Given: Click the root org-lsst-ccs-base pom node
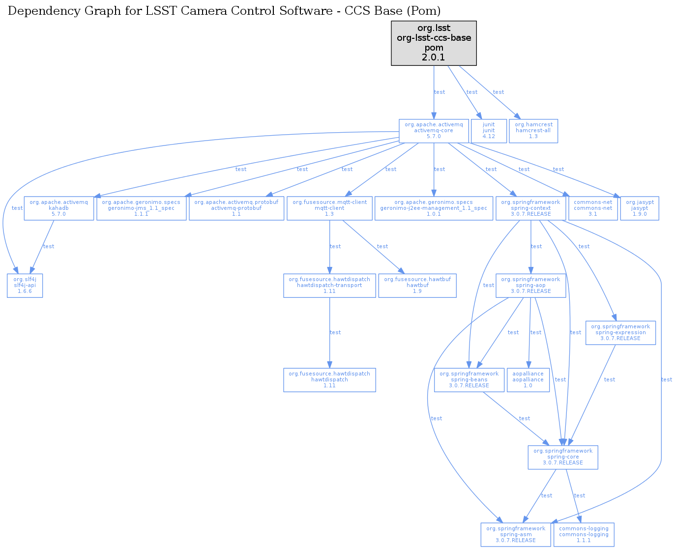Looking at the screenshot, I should pos(434,43).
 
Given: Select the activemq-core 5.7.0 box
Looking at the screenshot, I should pos(434,131).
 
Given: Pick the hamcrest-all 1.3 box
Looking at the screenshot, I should pos(533,131).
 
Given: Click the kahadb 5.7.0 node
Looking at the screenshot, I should pos(59,208).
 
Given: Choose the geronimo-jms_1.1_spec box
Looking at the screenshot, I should pos(141,208).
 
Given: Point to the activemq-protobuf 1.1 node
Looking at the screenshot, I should pos(236,208).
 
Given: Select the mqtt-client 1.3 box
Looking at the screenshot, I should pos(329,208).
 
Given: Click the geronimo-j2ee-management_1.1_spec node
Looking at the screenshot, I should pos(434,208).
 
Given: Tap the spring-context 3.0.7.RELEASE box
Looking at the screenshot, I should pos(530,208).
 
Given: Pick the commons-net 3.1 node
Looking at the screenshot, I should pos(593,208).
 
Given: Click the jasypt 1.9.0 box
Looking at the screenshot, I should pos(640,208).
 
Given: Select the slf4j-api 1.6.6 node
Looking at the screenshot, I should pos(25,286).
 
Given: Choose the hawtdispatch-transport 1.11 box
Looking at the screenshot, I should pos(329,286).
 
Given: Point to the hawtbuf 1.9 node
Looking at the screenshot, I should pos(417,286).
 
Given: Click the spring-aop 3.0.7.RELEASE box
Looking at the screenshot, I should pos(530,286).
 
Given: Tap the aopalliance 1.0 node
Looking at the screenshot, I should pos(528,380).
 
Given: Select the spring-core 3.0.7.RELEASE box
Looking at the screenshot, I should pos(563,457).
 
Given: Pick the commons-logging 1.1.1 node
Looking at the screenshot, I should pos(584,535).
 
